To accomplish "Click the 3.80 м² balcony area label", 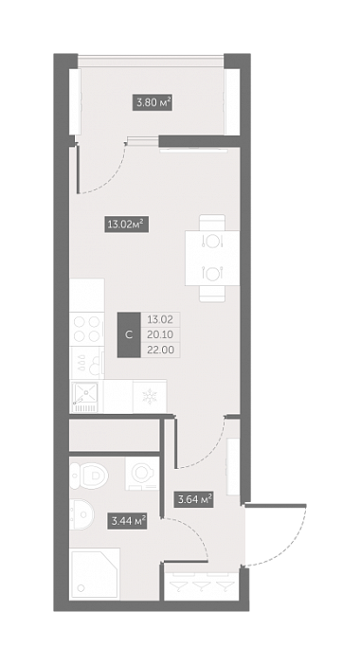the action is [153, 102].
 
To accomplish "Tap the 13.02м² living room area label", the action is [127, 224].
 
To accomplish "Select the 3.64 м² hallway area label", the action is [193, 499].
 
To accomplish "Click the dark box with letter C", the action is [129, 334].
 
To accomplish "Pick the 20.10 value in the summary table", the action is [160, 334].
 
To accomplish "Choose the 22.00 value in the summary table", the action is [160, 350].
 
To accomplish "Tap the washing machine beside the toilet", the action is [142, 474].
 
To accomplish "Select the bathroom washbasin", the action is [82, 514].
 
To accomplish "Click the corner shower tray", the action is [95, 574].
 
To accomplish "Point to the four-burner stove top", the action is [87, 329].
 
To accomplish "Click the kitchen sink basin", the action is [85, 392].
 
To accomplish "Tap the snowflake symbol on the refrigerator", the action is [150, 397].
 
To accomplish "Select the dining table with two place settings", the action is [212, 258].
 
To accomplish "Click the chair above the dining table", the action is [212, 223].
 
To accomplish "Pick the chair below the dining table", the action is [212, 294].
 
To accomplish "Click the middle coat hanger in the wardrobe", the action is [202, 586].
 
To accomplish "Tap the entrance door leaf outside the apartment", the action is [275, 506].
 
